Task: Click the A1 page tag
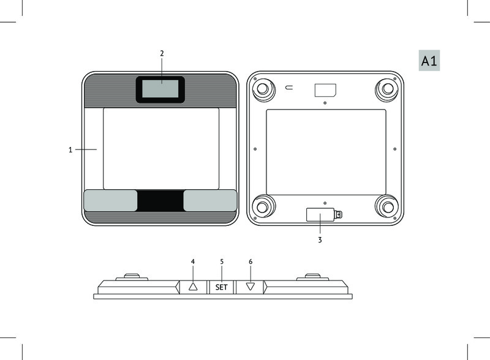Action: [429, 61]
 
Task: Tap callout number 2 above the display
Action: [162, 53]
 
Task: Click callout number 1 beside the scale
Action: [70, 150]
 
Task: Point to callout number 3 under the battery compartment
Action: [320, 240]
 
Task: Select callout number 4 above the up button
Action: [193, 261]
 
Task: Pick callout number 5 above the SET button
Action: [222, 261]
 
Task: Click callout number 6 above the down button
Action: [251, 261]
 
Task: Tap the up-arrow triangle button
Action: [193, 287]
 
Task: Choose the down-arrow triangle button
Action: [251, 287]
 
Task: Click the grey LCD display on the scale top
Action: [160, 89]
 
